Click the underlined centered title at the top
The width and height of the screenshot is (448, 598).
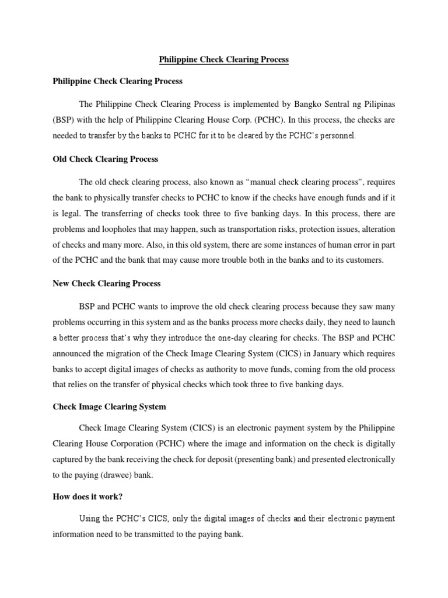tap(224, 60)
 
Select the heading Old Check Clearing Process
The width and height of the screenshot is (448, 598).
tap(105, 159)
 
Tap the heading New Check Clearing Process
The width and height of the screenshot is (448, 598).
tap(106, 283)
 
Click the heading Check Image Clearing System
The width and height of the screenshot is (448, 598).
tap(109, 406)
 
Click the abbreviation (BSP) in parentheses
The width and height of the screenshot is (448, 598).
tap(64, 120)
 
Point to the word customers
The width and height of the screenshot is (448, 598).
tap(365, 260)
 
